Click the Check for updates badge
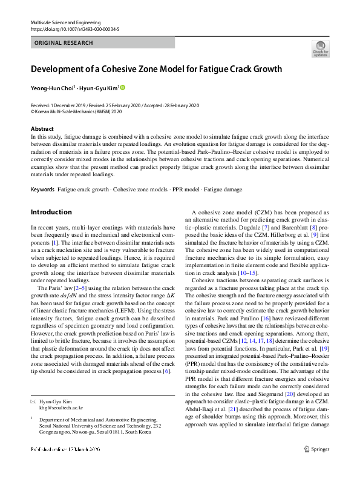tap(320, 48)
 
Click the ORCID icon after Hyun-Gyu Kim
tap(123, 87)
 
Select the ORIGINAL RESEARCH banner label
tap(64, 43)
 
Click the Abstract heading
tap(43, 129)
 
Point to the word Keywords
tap(42, 190)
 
